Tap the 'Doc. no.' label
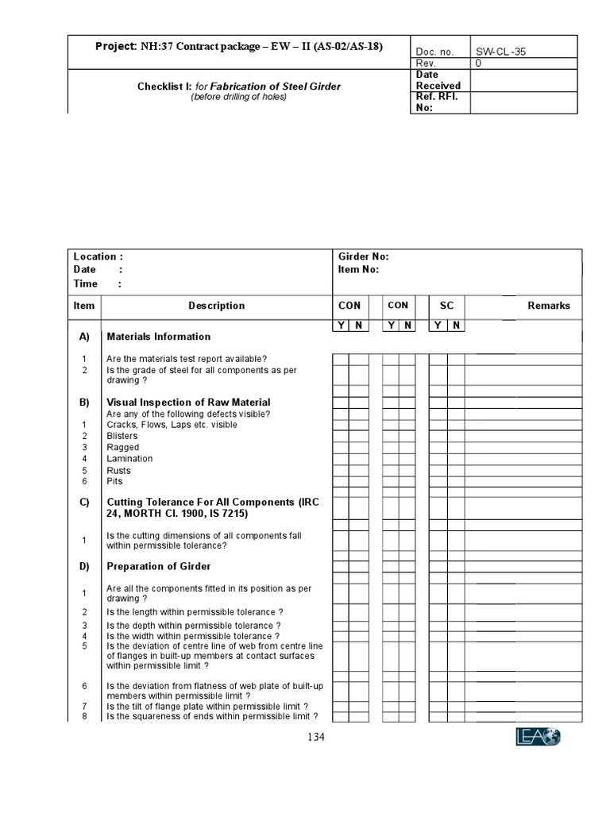[x=434, y=52]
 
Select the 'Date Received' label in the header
[x=438, y=80]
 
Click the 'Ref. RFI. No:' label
[x=437, y=102]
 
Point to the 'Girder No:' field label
[x=363, y=256]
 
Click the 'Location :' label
[x=98, y=256]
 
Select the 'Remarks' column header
[x=548, y=306]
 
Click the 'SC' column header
[x=446, y=306]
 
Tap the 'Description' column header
[x=216, y=306]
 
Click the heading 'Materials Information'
[x=158, y=337]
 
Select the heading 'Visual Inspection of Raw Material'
[x=188, y=403]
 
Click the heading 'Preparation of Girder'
[x=158, y=567]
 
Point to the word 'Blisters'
[x=122, y=436]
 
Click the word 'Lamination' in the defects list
[x=129, y=458]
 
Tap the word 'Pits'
[x=114, y=481]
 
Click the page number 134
[x=316, y=737]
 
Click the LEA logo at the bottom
[x=537, y=738]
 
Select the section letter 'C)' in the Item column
[x=83, y=503]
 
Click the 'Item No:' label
[x=358, y=269]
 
